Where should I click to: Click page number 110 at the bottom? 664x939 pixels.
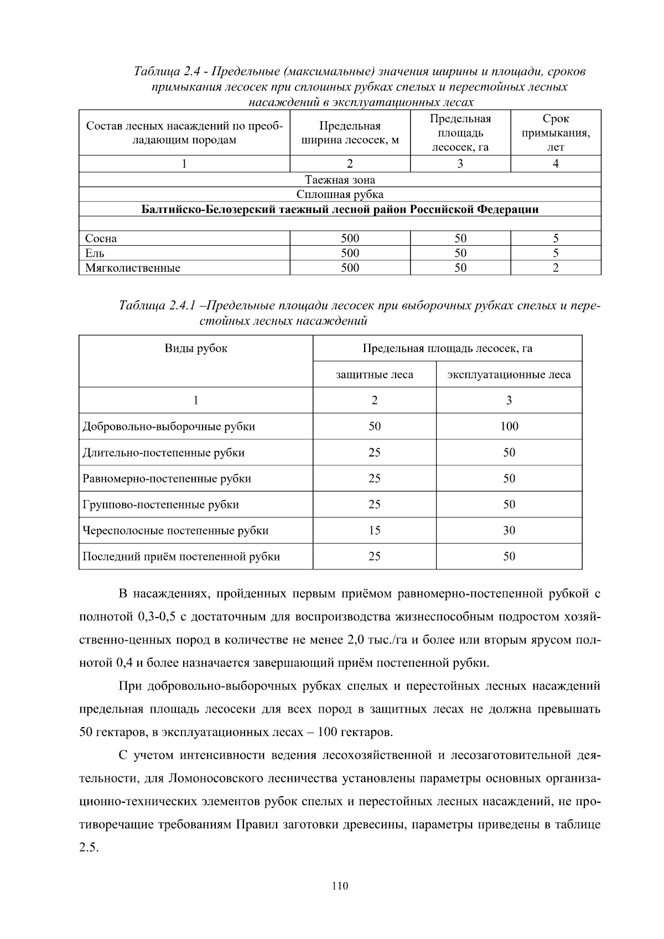click(x=340, y=886)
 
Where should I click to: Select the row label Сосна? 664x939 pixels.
click(x=101, y=238)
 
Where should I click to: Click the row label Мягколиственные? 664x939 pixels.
click(x=133, y=268)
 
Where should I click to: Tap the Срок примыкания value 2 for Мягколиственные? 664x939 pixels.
click(x=556, y=268)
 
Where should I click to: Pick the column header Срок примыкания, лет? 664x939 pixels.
click(x=556, y=133)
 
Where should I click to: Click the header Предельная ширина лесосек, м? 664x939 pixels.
click(x=350, y=133)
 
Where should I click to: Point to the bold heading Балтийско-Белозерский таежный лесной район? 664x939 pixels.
click(x=340, y=210)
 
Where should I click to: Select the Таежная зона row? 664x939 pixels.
click(x=340, y=180)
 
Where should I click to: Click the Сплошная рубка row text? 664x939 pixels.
click(x=340, y=195)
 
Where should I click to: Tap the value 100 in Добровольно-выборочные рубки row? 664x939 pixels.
click(x=509, y=427)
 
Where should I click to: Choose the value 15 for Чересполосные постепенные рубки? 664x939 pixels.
click(x=375, y=531)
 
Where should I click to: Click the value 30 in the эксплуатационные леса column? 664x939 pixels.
click(x=509, y=531)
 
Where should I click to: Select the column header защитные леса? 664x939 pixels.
click(x=375, y=375)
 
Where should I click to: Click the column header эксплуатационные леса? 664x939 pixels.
click(x=509, y=375)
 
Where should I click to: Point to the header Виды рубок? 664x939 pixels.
click(x=196, y=349)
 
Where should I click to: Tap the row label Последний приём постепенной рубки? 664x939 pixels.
click(x=181, y=557)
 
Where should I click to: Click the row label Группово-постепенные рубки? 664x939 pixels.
click(x=160, y=505)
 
